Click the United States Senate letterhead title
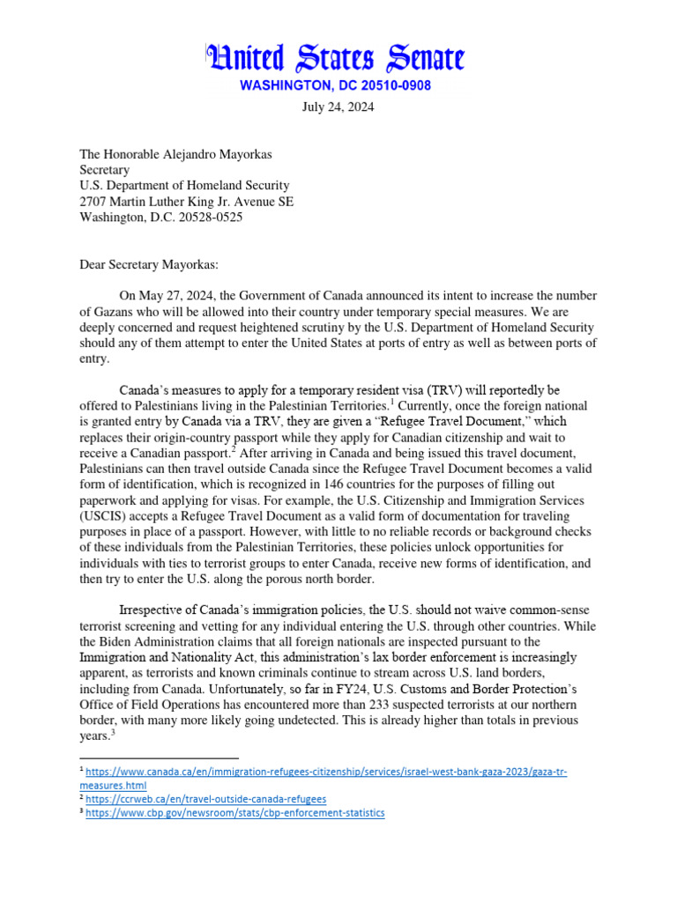click(x=334, y=59)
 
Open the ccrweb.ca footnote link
click(x=206, y=799)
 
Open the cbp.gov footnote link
click(x=236, y=812)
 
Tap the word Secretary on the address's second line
click(x=105, y=170)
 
